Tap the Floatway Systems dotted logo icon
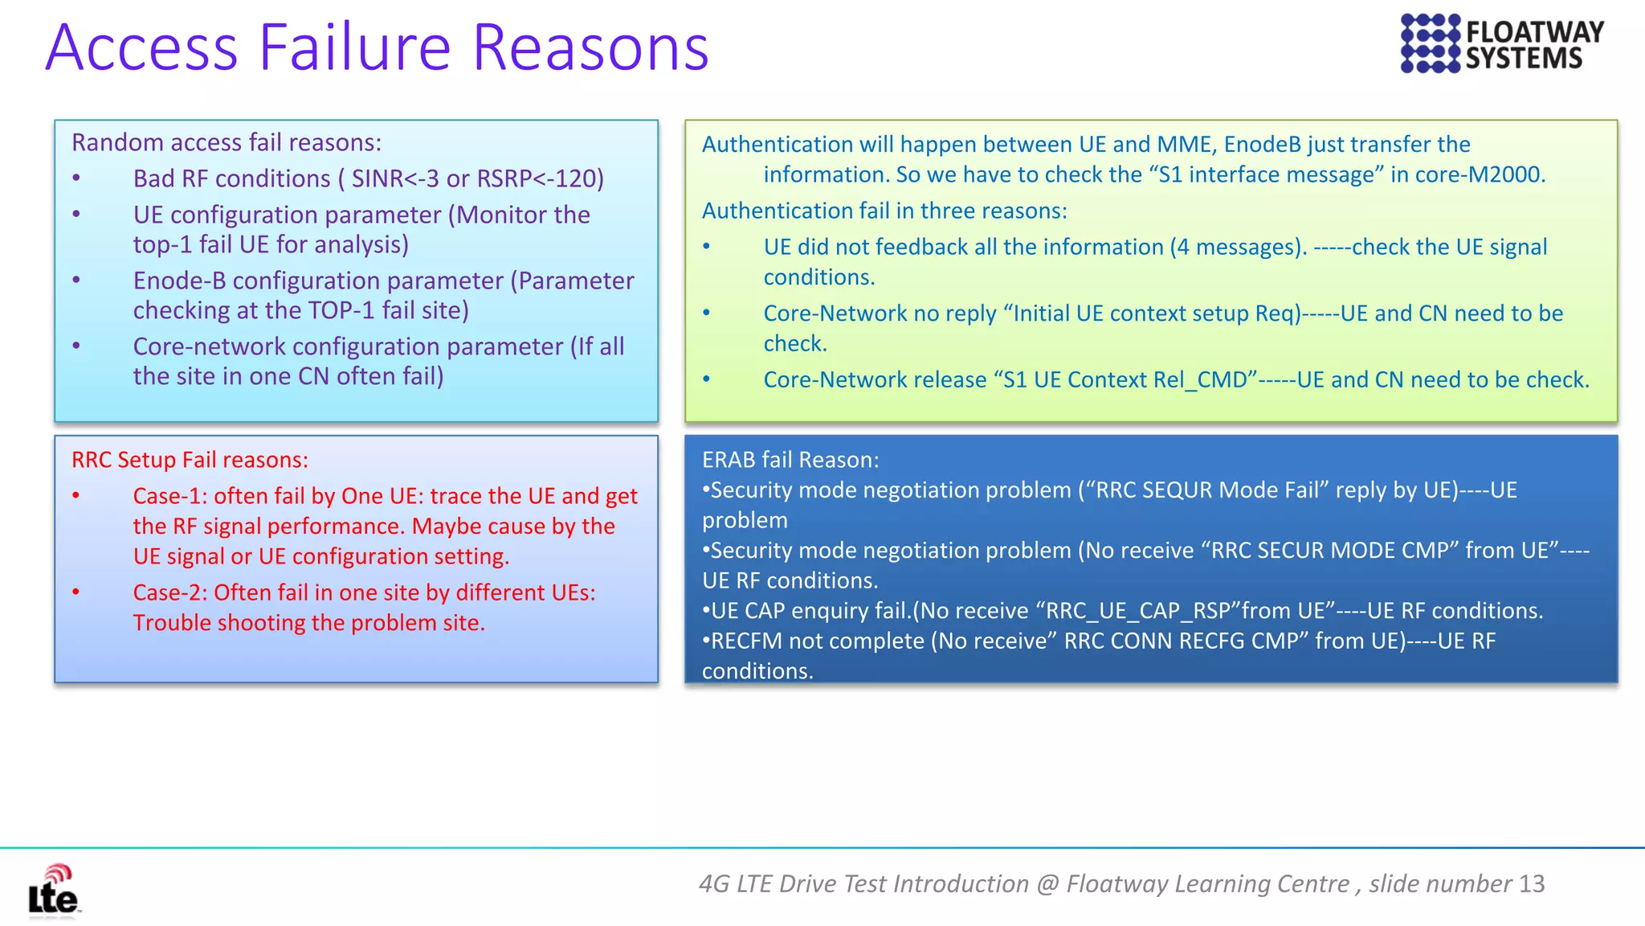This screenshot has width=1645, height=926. (1430, 43)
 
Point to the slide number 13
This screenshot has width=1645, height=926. (1532, 883)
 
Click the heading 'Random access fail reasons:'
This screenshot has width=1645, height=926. (227, 142)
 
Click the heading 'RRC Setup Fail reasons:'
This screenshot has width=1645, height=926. (190, 460)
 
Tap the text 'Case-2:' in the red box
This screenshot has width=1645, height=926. (170, 592)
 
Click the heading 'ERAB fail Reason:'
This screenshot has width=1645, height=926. (790, 460)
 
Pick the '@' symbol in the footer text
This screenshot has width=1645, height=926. (1047, 883)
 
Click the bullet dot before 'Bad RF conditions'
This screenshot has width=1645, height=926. (76, 178)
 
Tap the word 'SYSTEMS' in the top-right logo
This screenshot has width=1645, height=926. (1524, 59)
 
